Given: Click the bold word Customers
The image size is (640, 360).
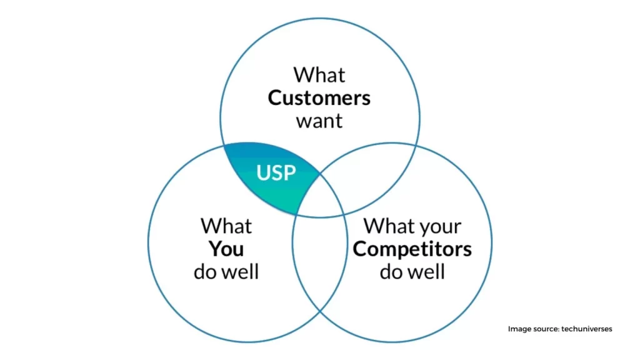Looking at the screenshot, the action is click(319, 98).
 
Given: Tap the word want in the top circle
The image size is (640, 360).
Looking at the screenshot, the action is click(319, 121).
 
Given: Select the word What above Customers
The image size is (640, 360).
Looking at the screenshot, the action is click(319, 75).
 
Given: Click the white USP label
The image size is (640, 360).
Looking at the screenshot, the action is click(276, 172).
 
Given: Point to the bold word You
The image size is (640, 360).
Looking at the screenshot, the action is click(226, 249).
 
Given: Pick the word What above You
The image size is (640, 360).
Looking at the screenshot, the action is click(226, 226).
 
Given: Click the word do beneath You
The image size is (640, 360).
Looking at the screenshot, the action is click(204, 272).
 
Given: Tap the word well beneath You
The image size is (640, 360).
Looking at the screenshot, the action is click(241, 272).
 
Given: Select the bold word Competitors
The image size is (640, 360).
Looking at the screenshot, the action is click(412, 249).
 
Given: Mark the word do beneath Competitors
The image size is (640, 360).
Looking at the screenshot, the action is click(391, 272).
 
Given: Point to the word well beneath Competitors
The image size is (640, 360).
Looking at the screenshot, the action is click(427, 272).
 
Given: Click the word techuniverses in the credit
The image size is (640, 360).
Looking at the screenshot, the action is click(586, 329).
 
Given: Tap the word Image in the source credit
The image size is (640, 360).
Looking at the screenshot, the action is click(519, 329).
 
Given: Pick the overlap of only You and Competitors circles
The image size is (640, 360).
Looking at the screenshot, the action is click(319, 261).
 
